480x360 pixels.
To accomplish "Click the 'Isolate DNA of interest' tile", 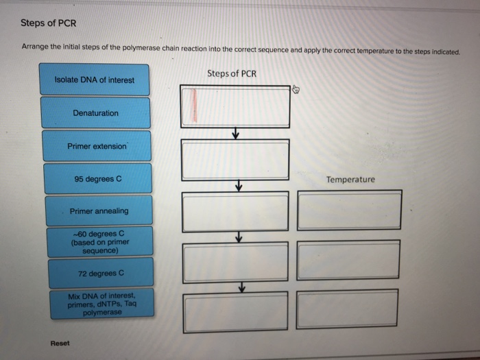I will pos(95,80).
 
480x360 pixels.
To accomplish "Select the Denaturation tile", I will pos(95,113).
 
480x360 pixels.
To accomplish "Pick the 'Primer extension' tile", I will pos(97,146).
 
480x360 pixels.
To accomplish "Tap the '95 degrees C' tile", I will pos(97,179).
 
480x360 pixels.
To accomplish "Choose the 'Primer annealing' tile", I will pos(99,211).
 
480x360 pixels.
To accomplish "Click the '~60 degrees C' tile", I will pos(99,241).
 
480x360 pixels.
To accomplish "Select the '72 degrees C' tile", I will pos(100,272).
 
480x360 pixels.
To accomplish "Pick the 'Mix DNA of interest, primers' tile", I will pos(101,303).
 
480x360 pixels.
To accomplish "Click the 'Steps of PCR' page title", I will pos(48,23).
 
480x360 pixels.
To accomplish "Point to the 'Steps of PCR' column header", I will pos(231,73).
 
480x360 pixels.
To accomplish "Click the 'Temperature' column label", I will pos(350,180).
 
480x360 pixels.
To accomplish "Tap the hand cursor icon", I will pos(296,89).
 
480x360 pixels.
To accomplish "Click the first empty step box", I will pos(235,106).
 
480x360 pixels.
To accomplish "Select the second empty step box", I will pos(235,160).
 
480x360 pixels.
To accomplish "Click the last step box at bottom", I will pos(235,310).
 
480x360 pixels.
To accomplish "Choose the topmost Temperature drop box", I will pos(349,211).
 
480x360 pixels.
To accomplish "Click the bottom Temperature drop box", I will pos(348,309).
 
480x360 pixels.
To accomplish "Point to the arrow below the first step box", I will pos(235,134).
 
